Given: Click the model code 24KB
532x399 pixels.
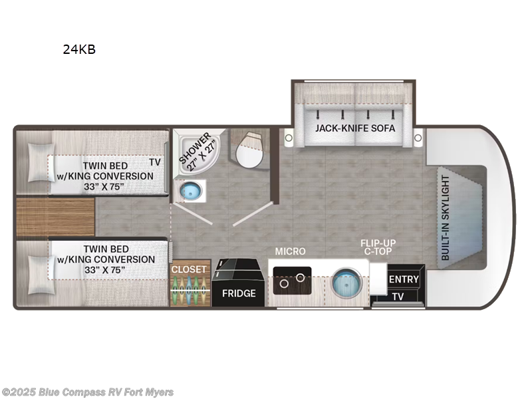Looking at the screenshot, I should pos(79,49).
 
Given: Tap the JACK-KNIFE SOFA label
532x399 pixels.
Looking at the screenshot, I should pos(355,128).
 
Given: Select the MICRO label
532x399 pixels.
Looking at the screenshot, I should pos(291,251).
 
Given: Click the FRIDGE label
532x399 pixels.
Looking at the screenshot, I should pos(239,293).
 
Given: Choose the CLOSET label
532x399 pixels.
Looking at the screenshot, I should pos(190,269).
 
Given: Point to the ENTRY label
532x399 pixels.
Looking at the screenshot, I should pos(404,279).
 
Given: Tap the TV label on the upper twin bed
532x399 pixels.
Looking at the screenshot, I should pos(155,162).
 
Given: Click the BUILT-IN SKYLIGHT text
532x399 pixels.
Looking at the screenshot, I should pos(446,218).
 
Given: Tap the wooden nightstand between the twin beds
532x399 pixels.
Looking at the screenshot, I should pos(55,217).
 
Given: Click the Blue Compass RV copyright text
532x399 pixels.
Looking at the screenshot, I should pos(88,392).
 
